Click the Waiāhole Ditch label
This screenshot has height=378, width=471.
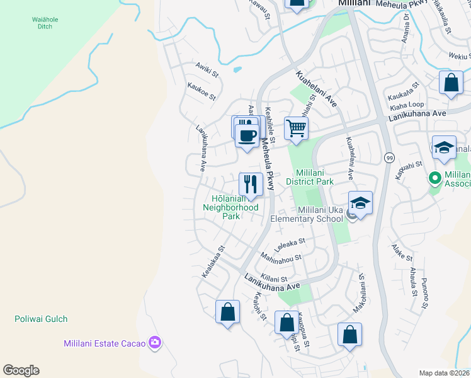[45, 23]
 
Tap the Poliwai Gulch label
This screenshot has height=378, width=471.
[41, 319]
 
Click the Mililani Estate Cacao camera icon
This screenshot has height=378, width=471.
[155, 343]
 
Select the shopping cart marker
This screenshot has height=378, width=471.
[296, 129]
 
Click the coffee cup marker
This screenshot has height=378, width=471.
[246, 134]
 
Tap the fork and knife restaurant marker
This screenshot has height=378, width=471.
[251, 184]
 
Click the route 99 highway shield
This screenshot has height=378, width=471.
[389, 157]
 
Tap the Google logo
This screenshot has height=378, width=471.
[21, 370]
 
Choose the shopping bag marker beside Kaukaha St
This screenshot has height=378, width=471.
[451, 83]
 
